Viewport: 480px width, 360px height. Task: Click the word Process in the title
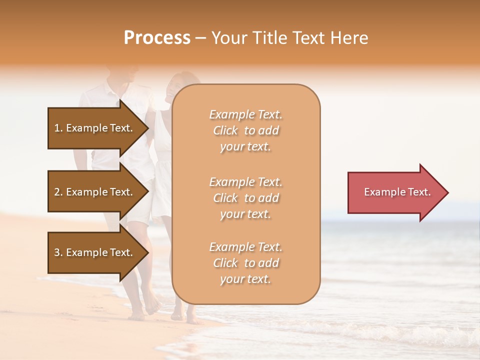157,38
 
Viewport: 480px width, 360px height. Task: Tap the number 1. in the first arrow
58,128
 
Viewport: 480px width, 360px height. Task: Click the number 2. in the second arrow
58,192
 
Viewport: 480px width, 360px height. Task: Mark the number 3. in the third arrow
58,252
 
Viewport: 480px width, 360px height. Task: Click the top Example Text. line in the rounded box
245,114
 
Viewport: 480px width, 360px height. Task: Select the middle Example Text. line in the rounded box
245,181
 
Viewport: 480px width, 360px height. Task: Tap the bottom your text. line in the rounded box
245,279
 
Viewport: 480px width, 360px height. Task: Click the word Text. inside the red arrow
419,192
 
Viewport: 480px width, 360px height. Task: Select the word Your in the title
228,38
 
